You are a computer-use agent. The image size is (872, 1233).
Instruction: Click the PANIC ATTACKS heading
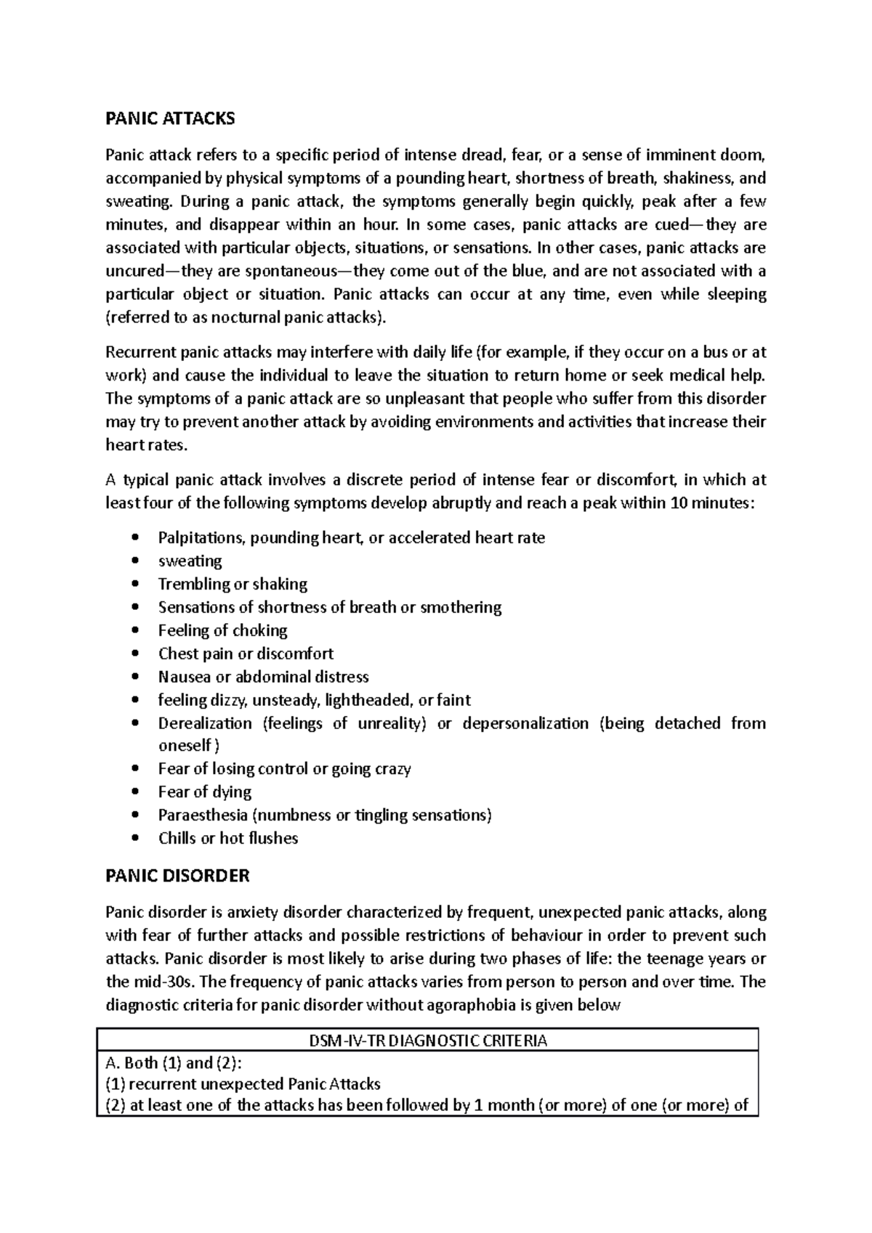pos(170,118)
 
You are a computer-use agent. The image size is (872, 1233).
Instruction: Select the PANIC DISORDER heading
pos(177,876)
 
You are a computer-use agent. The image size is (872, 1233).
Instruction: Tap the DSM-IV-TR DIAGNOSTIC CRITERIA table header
pos(427,1041)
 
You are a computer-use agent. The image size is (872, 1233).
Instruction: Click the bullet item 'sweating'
pos(190,561)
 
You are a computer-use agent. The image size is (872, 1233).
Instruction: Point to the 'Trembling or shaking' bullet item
pos(233,584)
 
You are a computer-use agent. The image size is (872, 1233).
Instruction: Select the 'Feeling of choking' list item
pos(223,630)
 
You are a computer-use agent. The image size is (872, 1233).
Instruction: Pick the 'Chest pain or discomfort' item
pos(246,654)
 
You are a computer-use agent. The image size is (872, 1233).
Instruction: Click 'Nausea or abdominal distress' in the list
pos(263,677)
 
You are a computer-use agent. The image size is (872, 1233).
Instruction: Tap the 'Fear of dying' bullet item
pos(205,792)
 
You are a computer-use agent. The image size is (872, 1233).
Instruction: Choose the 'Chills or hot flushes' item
pos(228,838)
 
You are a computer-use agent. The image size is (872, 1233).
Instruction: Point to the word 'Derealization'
pos(205,723)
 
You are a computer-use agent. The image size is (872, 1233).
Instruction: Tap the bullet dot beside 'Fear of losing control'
pos(136,769)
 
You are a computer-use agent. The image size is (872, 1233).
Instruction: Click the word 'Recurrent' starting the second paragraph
pos(141,353)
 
